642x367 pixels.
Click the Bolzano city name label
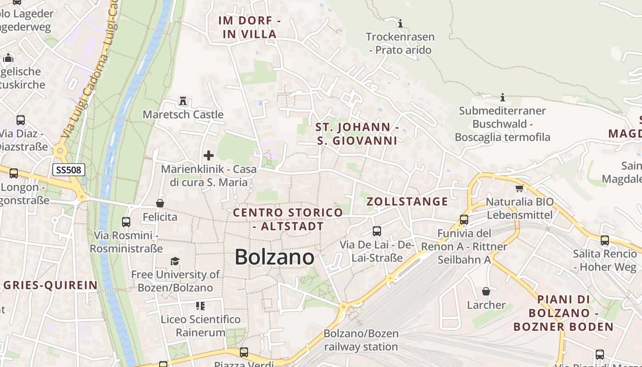274,257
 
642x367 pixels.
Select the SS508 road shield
69,170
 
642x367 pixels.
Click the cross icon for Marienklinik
209,156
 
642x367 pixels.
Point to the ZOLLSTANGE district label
407,201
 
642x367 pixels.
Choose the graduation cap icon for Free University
175,261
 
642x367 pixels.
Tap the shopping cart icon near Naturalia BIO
520,188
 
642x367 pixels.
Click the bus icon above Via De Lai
377,231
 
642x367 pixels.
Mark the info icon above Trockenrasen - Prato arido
400,23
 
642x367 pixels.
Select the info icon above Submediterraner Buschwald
503,97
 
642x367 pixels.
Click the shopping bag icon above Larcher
486,291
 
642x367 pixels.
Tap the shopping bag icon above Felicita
160,203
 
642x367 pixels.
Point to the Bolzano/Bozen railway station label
361,340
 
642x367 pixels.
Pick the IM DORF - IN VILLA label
250,27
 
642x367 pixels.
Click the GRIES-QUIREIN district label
50,285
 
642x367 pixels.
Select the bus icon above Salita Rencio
605,240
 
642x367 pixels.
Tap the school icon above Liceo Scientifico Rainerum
200,305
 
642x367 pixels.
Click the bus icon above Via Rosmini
126,222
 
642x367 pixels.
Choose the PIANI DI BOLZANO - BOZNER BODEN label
563,313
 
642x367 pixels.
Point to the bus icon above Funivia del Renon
464,220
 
